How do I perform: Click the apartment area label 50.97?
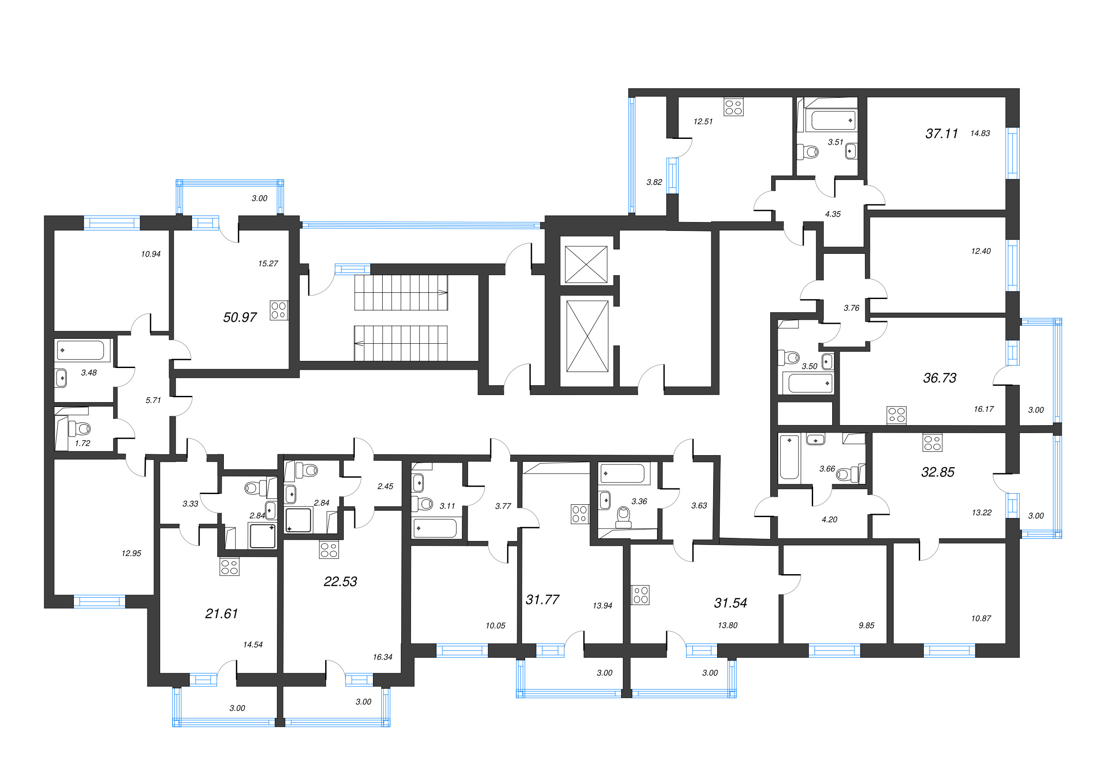[240, 317]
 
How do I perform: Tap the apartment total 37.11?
[941, 134]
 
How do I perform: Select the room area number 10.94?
[151, 254]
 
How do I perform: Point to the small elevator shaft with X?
[586, 265]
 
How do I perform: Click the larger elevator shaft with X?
[587, 336]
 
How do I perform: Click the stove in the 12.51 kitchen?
[733, 107]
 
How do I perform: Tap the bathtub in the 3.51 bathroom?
[833, 120]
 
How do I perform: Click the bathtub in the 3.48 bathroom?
[81, 350]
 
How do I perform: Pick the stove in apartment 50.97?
[278, 310]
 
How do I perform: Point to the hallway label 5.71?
[153, 400]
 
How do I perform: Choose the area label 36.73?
[939, 378]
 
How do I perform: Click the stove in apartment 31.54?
[640, 595]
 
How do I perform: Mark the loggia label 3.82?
[654, 182]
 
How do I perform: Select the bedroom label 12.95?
[131, 553]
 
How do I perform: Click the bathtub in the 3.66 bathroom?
[789, 457]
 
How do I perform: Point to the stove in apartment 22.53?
[329, 550]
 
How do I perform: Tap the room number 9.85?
[866, 625]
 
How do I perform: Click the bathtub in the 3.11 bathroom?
[435, 529]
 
